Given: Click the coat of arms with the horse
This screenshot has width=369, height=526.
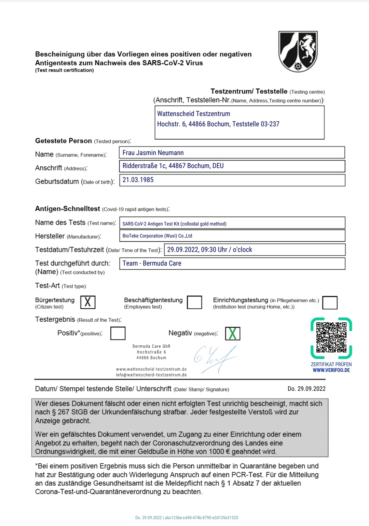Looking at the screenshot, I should coord(298,51).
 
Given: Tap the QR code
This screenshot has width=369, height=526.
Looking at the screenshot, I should coord(331,337).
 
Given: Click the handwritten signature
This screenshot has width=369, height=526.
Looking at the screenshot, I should coord(215,359).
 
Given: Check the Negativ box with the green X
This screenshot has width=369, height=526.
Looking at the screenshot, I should coord(233,333).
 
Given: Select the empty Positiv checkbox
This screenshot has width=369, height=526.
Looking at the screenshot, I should coord(118,333).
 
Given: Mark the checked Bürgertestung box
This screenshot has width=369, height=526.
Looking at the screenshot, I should coord(88,302).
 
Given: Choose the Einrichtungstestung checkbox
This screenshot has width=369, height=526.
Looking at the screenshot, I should coord(330,303).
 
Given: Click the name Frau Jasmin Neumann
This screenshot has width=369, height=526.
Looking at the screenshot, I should coord(153,153).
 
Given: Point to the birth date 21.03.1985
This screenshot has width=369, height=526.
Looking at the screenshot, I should coord(138,180).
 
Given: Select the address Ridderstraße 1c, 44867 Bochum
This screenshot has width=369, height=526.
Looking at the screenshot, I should coord(173,166).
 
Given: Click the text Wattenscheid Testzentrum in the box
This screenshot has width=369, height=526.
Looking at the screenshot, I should coord(193,114).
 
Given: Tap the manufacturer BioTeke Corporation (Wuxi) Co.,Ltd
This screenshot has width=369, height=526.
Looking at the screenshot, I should coord(157,236).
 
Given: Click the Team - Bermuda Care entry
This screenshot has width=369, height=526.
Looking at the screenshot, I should coord(152,264).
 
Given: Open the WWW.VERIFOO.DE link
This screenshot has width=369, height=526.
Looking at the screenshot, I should coord(331,370).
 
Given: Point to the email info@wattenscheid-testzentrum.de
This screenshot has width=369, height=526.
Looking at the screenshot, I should coord(151,375).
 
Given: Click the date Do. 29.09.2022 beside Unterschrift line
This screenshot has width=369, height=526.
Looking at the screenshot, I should coord(306,389).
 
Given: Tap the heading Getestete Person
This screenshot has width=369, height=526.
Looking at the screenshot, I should coord(64,141).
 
